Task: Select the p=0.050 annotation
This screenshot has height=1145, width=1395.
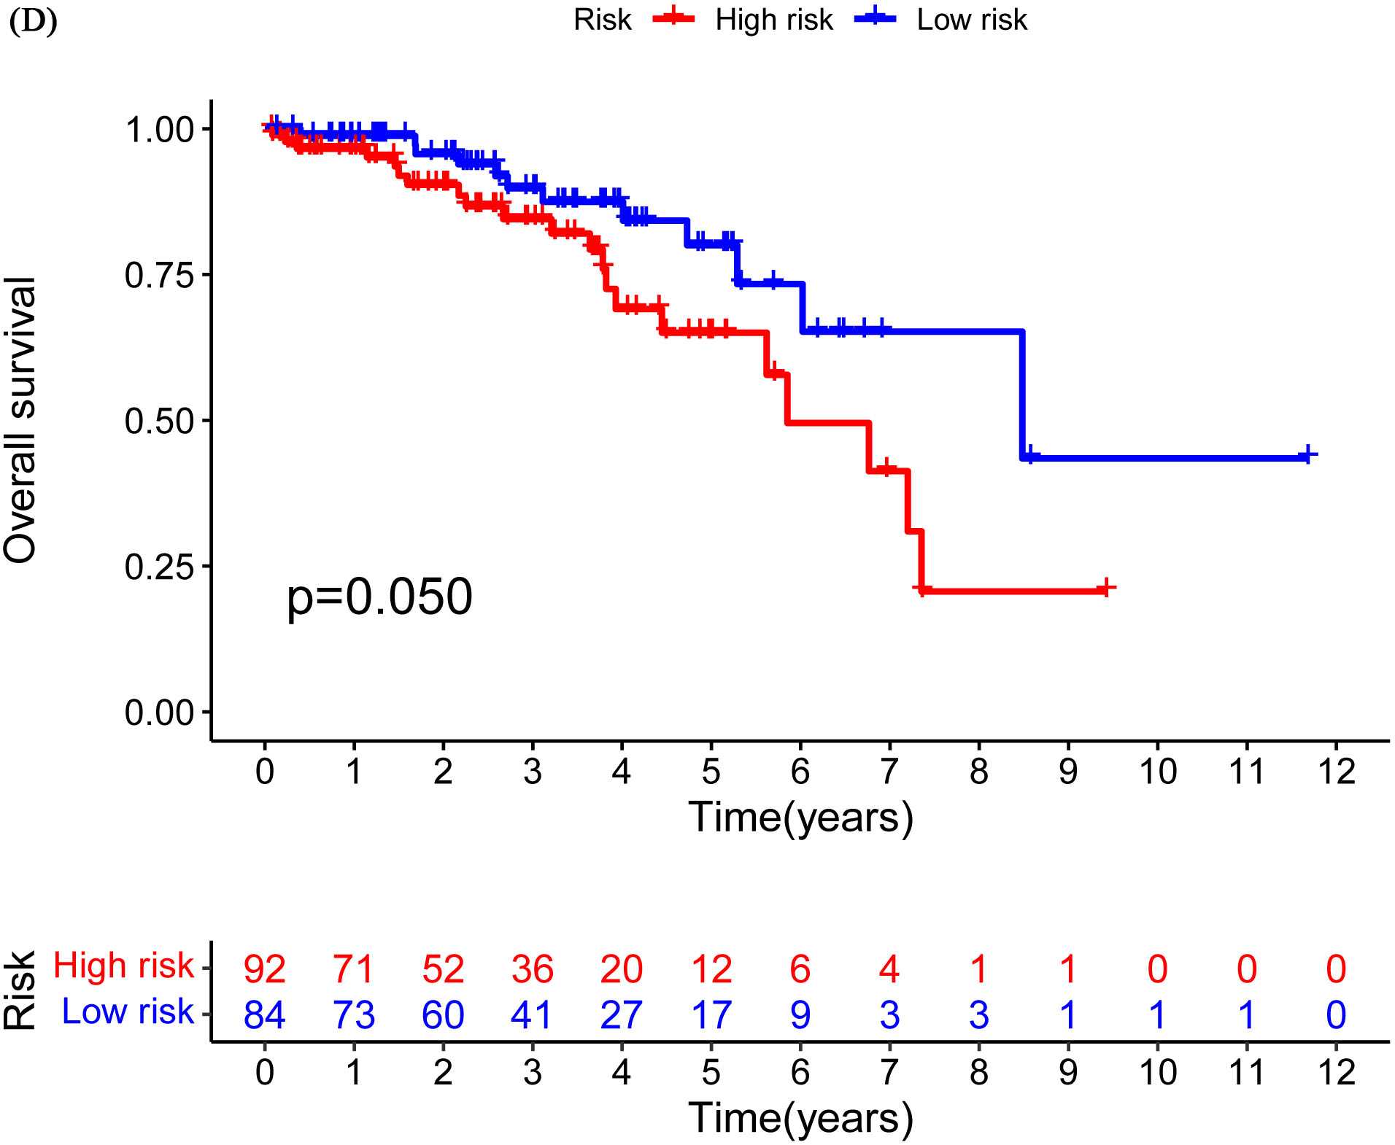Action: coord(379,597)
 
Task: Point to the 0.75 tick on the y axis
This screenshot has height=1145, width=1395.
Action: coord(159,275)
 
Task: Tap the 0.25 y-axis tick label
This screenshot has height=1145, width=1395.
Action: coord(159,567)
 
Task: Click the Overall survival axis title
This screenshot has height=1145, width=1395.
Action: coord(20,420)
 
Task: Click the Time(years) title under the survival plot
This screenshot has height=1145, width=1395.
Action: coord(800,817)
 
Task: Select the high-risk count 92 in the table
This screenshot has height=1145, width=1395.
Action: coord(265,969)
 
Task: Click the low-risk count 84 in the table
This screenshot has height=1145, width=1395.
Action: coord(265,1014)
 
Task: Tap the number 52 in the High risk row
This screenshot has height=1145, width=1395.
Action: coord(443,969)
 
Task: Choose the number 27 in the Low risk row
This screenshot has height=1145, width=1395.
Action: coord(622,1014)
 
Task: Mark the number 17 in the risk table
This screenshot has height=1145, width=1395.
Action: coord(711,1014)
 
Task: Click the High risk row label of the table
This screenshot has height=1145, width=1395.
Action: coord(123,966)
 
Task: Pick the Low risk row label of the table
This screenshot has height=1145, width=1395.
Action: coord(128,1012)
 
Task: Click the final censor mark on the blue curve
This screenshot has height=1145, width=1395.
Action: coord(1307,454)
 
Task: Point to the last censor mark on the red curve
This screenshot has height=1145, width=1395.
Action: coord(1106,587)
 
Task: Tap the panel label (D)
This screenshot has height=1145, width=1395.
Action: coord(33,22)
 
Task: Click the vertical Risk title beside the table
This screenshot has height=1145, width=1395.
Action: coord(20,990)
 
